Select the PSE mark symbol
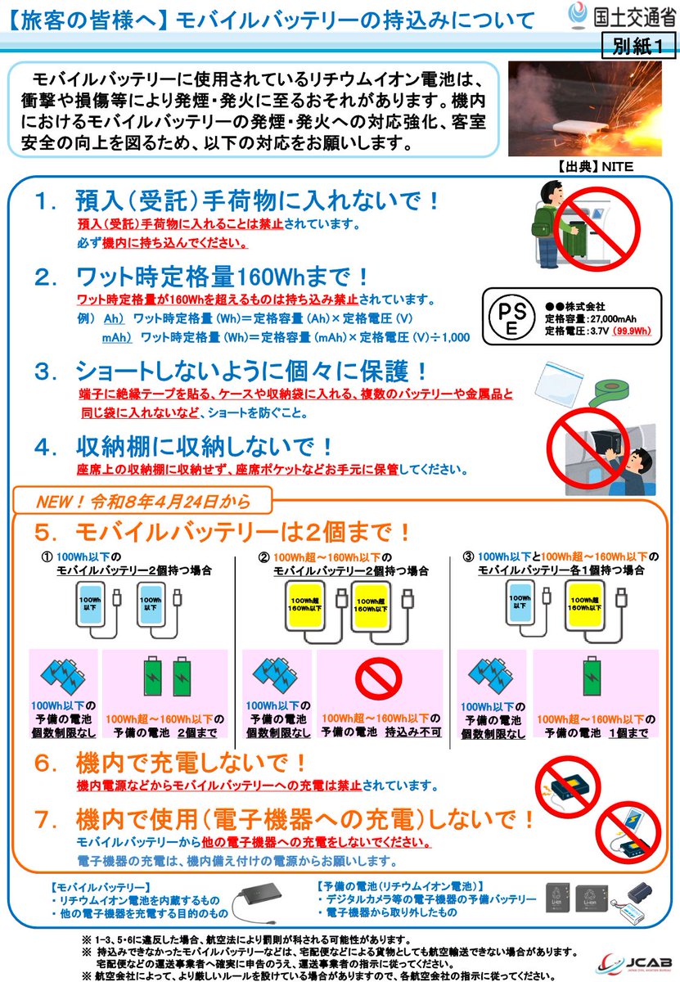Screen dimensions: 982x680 [x=508, y=314]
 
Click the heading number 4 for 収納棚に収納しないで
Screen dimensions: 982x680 [x=44, y=448]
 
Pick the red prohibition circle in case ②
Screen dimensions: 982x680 [x=381, y=678]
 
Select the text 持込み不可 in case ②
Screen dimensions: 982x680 [x=415, y=732]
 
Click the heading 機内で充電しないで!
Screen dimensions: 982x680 [x=192, y=764]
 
